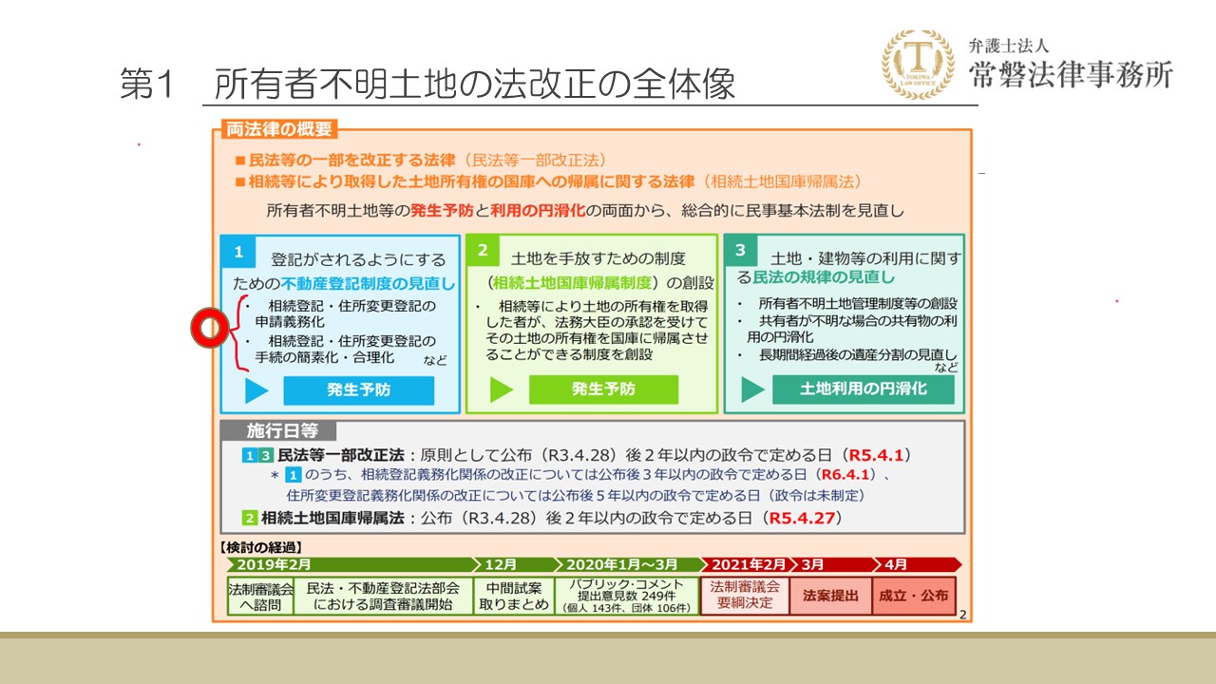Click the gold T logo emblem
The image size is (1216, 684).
point(918,65)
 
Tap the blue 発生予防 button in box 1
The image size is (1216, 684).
point(359,389)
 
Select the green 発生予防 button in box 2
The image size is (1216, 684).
point(603,389)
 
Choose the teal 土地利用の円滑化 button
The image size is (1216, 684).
point(864,389)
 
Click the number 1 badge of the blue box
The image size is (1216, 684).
point(238,252)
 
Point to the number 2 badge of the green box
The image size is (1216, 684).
point(483,250)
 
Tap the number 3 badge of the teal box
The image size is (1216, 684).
point(740,250)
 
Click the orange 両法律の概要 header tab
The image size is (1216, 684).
point(279,129)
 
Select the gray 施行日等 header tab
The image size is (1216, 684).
point(282,431)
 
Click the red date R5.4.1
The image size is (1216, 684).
point(876,455)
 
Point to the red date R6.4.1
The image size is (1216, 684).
point(845,474)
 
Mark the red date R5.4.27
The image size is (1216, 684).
point(802,518)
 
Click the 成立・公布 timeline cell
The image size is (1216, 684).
point(914,596)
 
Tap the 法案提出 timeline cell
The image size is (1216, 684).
point(830,596)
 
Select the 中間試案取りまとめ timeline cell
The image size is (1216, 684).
point(514,596)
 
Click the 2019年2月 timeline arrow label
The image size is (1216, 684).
point(274,564)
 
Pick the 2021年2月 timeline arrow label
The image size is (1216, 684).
point(749,564)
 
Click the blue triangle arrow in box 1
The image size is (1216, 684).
point(256,390)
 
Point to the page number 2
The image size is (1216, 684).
point(962,615)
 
